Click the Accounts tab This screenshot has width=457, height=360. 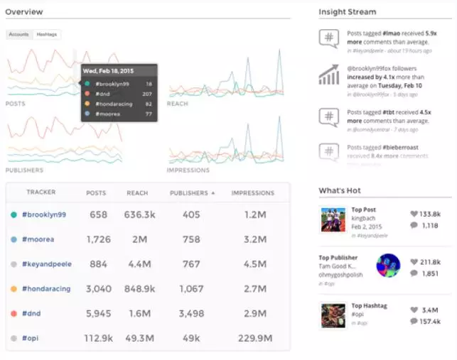pyautogui.click(x=19, y=34)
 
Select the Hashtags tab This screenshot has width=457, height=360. pyautogui.click(x=48, y=34)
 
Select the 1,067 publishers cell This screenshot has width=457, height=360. pyautogui.click(x=191, y=289)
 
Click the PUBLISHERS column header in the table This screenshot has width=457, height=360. pyautogui.click(x=189, y=193)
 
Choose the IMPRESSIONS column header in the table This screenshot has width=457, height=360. pyautogui.click(x=252, y=193)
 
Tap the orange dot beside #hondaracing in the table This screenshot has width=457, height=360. pyautogui.click(x=14, y=290)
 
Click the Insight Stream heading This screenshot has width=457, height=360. pyautogui.click(x=348, y=12)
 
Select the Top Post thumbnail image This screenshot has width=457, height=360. pyautogui.click(x=333, y=219)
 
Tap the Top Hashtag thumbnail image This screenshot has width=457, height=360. pyautogui.click(x=333, y=315)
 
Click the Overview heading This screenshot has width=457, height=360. pyautogui.click(x=24, y=12)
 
